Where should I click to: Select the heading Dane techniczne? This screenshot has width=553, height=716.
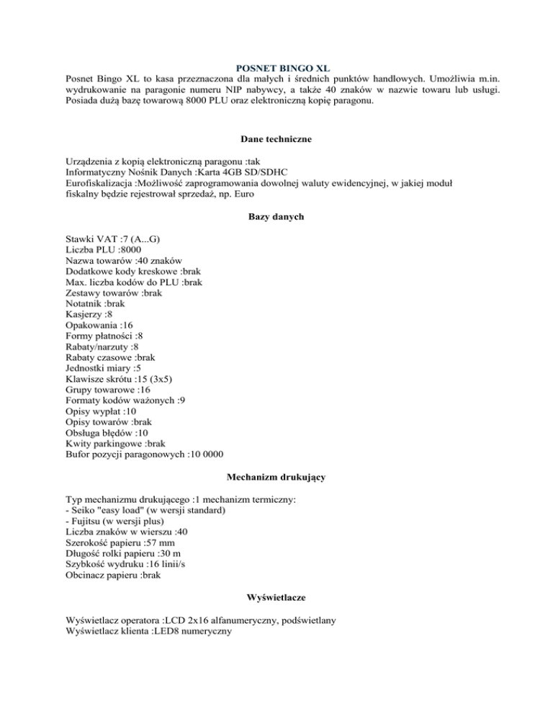tap(276, 139)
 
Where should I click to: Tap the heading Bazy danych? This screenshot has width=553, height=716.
tap(276, 216)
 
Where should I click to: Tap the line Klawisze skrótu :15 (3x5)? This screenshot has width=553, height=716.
tap(118, 380)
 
